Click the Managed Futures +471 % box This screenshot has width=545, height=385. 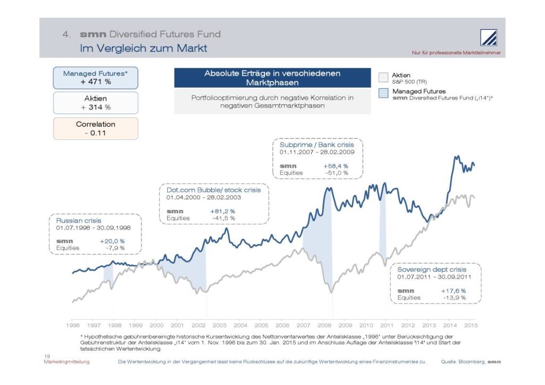(96, 78)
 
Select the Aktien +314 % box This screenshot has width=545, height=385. (96, 103)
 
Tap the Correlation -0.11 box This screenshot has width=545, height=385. (96, 128)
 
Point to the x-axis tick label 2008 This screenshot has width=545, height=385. (324, 324)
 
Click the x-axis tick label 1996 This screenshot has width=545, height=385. (72, 324)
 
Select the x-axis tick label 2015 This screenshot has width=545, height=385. (471, 324)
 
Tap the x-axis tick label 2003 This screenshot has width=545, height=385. (219, 324)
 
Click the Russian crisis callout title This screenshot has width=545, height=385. (79, 221)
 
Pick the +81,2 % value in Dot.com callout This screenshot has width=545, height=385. (222, 211)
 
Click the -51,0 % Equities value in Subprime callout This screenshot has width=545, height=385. (336, 173)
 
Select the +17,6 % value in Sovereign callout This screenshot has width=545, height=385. (453, 291)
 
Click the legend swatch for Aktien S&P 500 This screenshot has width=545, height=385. (383, 78)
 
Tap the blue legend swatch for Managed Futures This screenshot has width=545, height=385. (383, 94)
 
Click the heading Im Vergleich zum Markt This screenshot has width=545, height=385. (143, 48)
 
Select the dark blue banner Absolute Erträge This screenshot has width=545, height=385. (272, 78)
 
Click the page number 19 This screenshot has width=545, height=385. (47, 356)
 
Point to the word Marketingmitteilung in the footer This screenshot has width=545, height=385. (67, 362)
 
